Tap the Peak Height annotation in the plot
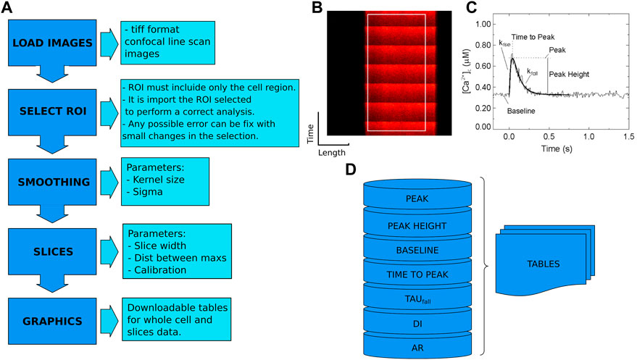570,74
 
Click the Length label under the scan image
332,154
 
